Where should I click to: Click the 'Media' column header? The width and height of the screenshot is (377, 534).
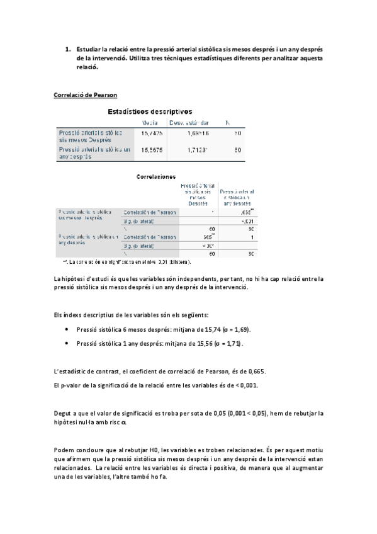150,123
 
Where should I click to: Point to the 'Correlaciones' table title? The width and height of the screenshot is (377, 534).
155,178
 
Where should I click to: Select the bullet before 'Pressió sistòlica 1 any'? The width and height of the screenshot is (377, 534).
67,344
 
